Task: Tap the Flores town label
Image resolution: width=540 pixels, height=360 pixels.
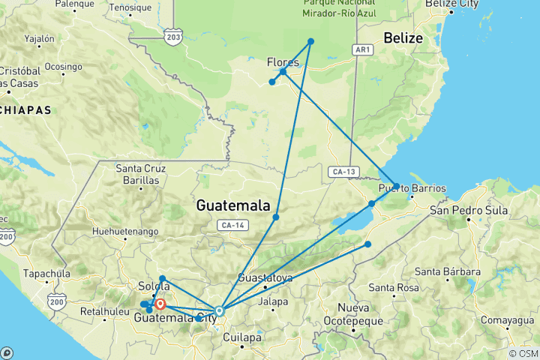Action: coord(283,61)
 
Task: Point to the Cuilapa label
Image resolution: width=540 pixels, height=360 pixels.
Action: coord(242,337)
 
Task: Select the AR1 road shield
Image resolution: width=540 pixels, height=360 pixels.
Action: coord(362,49)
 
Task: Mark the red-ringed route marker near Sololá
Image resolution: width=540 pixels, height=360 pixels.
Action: coord(160,304)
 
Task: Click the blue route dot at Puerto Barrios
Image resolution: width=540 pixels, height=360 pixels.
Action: coord(396,186)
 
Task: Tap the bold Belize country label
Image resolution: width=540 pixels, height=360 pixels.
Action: coord(403,37)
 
